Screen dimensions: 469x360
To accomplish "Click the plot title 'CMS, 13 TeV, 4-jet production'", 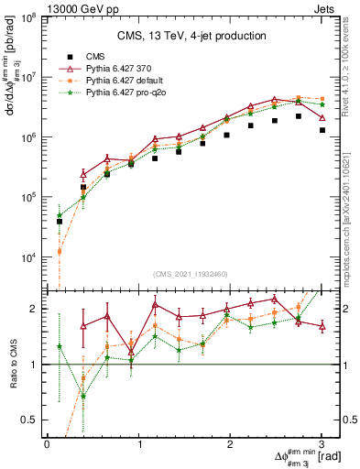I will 191,37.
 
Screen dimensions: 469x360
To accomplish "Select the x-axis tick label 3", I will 322,443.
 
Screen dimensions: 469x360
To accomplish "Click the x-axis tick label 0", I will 47,443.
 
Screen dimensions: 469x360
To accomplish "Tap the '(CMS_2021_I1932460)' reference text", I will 191,276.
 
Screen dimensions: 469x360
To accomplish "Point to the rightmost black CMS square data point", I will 322,130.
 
